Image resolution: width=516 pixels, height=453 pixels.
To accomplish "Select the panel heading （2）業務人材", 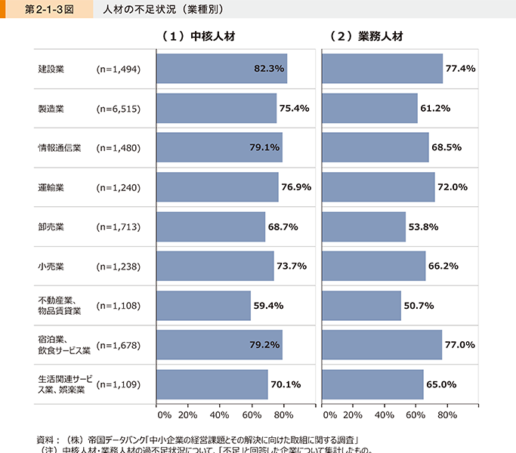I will (x=366, y=36).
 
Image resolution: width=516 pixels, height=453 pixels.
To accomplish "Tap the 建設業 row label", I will (x=51, y=69).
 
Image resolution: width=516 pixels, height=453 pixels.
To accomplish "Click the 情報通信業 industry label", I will (x=60, y=147).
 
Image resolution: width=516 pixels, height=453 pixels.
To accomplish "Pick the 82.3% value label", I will (x=268, y=69).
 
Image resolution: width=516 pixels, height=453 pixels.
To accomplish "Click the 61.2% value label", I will (x=435, y=108).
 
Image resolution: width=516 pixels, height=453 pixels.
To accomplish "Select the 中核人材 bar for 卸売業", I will (x=210, y=226).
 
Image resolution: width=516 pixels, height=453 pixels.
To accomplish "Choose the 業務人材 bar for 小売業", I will (x=373, y=266).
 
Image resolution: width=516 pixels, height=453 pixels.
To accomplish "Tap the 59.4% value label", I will (x=267, y=305).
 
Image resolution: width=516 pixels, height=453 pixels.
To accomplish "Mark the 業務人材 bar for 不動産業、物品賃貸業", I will (x=361, y=305).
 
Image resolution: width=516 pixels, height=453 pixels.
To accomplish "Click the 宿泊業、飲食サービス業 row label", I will (x=64, y=344).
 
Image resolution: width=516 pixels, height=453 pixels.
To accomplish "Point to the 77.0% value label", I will (x=459, y=344).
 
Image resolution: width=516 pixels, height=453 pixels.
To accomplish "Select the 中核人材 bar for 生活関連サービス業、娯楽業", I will (x=212, y=384).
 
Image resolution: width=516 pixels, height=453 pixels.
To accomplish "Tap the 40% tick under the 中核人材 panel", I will (x=219, y=414).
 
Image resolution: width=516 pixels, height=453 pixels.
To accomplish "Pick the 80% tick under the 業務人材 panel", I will (x=447, y=414).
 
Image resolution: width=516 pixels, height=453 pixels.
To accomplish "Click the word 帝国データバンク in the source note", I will (x=120, y=439).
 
